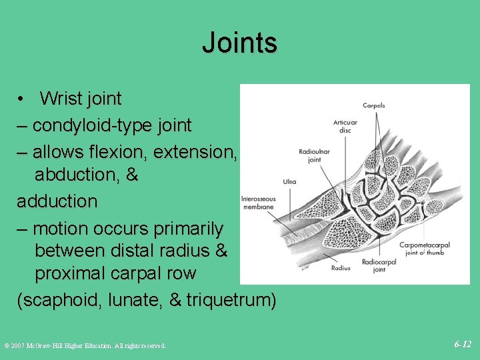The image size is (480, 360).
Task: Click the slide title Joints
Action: coord(239,43)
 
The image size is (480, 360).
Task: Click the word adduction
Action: coord(57,201)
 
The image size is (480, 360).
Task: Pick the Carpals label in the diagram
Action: coord(373,106)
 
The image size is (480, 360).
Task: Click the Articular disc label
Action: coord(345,126)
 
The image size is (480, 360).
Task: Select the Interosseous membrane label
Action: coord(257,203)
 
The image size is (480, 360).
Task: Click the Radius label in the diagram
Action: coord(341,268)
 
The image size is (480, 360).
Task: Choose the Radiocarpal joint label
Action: coord(379,266)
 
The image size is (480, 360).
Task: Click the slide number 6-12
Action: coord(463,345)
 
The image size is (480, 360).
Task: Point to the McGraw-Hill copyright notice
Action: coord(85,345)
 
